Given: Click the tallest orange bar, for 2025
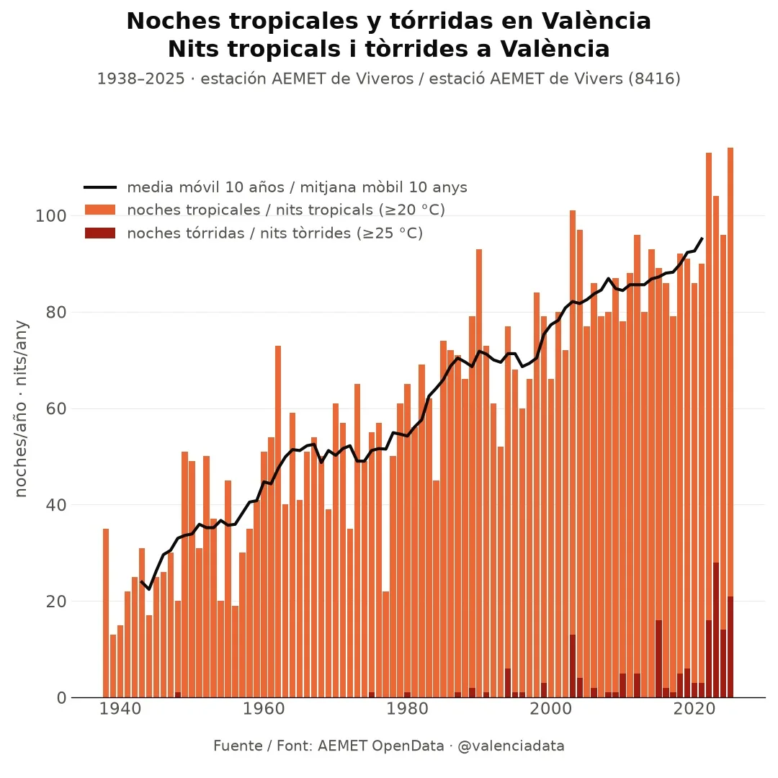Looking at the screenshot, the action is click(x=730, y=372).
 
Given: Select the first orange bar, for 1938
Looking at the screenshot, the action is click(x=106, y=613).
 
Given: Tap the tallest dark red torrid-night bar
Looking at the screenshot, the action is click(x=716, y=630).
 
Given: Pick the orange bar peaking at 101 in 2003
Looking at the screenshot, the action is click(x=573, y=421).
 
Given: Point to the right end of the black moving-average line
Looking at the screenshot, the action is click(x=702, y=238).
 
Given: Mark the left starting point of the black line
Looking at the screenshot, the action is click(x=141, y=581).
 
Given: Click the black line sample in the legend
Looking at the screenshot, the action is click(x=100, y=187).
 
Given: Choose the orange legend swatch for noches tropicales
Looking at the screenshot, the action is click(x=100, y=210).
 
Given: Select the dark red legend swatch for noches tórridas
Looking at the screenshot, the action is click(x=100, y=233).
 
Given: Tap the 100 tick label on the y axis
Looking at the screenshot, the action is click(x=50, y=216).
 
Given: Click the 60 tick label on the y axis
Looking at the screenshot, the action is click(x=56, y=409).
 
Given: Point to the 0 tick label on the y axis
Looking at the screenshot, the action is click(x=61, y=697).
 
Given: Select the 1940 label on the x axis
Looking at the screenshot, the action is click(x=120, y=709).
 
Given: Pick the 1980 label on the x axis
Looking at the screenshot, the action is click(x=407, y=709).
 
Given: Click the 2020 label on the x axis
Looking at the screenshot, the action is click(x=694, y=709).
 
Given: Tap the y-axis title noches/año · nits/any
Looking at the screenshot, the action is click(x=21, y=408).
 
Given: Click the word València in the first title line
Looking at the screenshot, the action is click(x=596, y=22).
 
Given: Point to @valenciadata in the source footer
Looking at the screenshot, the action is click(x=511, y=746).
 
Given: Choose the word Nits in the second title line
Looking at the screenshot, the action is click(x=194, y=49).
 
